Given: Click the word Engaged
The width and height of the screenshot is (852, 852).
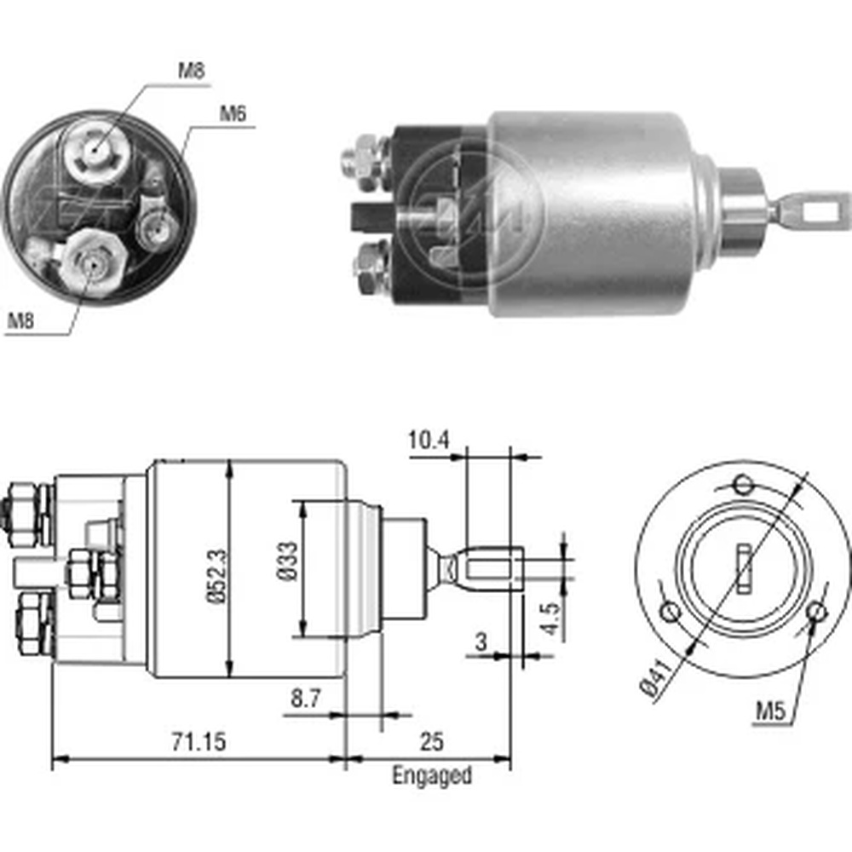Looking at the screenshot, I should [431, 775].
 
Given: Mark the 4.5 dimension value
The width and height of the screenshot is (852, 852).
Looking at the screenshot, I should [551, 619].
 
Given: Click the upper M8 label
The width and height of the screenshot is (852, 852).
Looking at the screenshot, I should [191, 71].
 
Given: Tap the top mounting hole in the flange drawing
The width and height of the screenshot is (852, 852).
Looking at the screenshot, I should [745, 486].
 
